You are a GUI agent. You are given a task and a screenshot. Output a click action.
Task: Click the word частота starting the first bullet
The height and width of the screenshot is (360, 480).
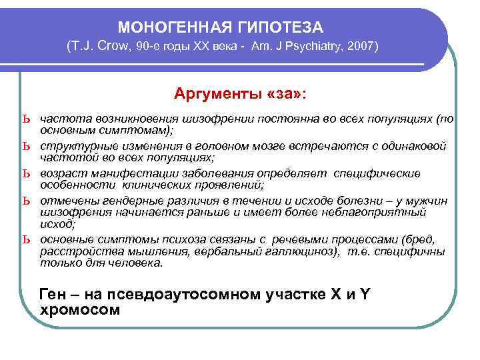click(x=62, y=119)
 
